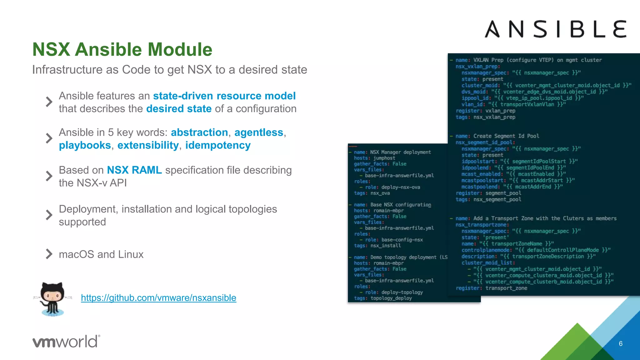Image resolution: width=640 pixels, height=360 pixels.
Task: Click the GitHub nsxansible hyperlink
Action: pos(158,298)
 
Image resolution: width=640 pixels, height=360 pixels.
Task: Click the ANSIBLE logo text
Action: pos(555,29)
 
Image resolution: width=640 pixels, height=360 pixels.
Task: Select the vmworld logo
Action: pos(66,341)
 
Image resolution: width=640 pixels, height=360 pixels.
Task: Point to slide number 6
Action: pos(621,344)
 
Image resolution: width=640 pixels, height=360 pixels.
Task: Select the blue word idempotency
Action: pos(218,145)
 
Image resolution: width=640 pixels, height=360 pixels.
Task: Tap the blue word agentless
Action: pos(259,132)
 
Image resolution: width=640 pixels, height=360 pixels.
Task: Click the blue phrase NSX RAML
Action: pos(134,170)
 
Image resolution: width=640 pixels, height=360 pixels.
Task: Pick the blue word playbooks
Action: pos(85,145)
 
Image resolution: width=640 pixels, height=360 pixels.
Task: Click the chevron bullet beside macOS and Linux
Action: pos(49,254)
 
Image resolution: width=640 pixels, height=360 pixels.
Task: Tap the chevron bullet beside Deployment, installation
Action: pos(49,215)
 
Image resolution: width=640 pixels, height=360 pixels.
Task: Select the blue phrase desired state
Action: pos(179,109)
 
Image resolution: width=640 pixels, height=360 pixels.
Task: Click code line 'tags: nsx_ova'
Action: pos(372,193)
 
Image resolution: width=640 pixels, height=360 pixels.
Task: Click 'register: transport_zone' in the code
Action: pos(491,288)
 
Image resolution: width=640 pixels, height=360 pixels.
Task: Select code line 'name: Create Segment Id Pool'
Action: pos(497,136)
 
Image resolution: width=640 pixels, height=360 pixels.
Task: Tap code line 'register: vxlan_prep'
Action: pos(485,111)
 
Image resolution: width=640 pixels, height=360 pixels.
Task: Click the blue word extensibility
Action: pos(148,145)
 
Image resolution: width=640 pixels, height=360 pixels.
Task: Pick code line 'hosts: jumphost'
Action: pos(374,158)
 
